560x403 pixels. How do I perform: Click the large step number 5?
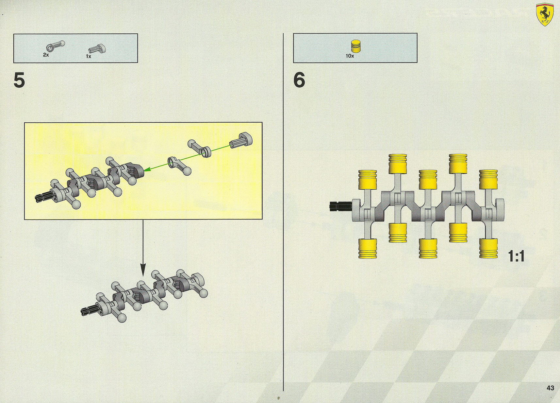[19, 80]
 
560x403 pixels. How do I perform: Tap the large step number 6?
[299, 80]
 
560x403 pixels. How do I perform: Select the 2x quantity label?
[46, 55]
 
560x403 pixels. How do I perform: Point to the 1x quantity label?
[89, 57]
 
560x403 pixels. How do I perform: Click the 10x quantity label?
[350, 56]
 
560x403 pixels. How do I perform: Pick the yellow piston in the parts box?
[357, 46]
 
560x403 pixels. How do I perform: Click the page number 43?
[550, 388]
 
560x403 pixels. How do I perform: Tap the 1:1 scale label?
[516, 256]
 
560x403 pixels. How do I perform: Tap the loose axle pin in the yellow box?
[241, 140]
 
